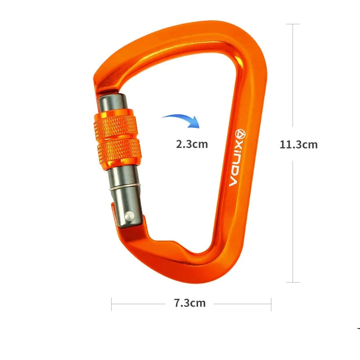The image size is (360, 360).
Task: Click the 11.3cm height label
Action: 298,144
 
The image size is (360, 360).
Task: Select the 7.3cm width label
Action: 189,303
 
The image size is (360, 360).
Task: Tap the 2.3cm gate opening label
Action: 192,144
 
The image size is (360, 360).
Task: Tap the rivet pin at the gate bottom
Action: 129,217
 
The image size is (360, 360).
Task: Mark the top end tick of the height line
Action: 293,24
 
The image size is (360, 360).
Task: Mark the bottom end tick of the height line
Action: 293,282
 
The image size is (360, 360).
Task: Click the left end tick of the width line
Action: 112,304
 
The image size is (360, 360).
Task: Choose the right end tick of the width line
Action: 271,304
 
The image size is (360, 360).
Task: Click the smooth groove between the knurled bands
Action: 117,138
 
